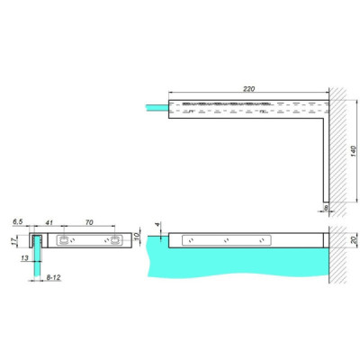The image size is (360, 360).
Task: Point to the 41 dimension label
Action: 49,220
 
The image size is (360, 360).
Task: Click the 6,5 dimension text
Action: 18,220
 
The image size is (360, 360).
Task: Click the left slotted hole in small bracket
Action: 64,240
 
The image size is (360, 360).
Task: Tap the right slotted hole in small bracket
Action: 116,240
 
